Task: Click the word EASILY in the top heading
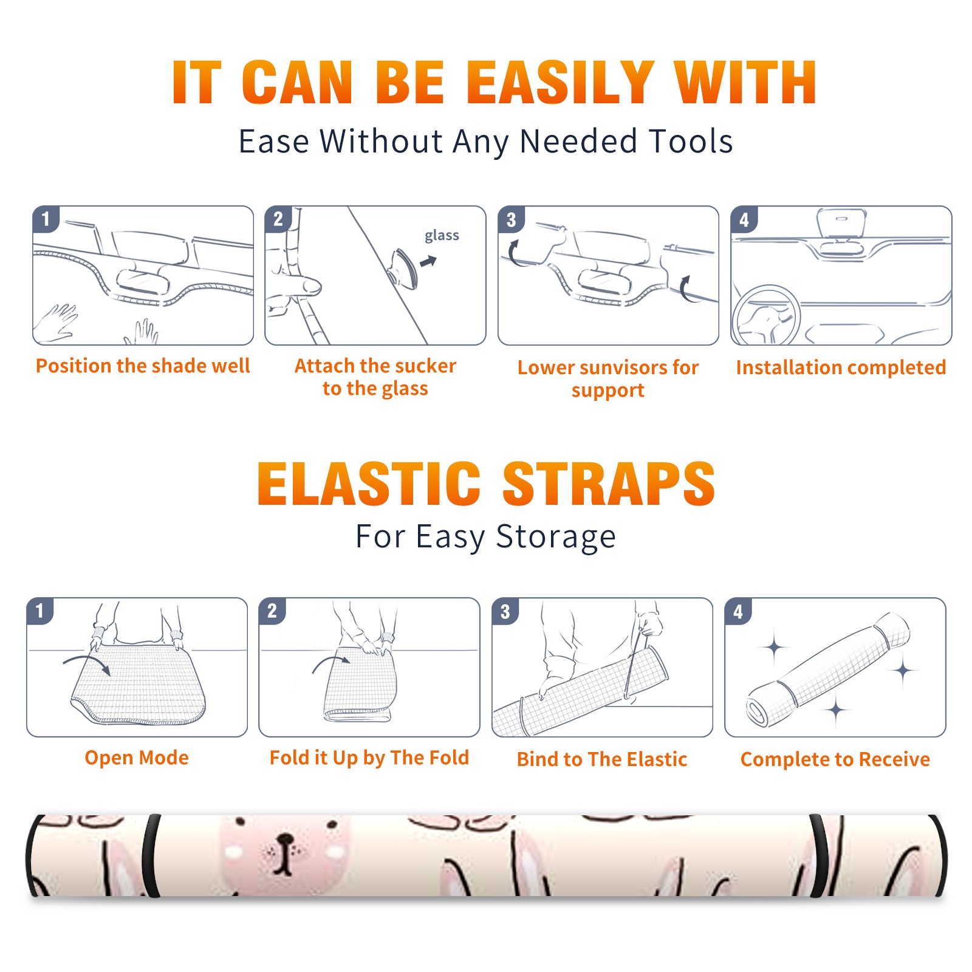point(560,83)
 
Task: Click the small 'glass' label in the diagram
point(442,235)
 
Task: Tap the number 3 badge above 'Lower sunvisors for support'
point(512,220)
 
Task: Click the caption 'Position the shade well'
point(143,366)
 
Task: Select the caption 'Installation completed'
point(841,367)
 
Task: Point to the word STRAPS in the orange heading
point(609,484)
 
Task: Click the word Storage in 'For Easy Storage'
point(556,537)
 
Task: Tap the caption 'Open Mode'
point(137,758)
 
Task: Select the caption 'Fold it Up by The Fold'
point(369,758)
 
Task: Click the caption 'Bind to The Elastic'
point(602,759)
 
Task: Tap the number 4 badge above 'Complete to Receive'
point(738,611)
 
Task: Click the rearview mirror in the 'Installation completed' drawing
point(841,222)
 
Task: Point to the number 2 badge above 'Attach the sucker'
point(278,219)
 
